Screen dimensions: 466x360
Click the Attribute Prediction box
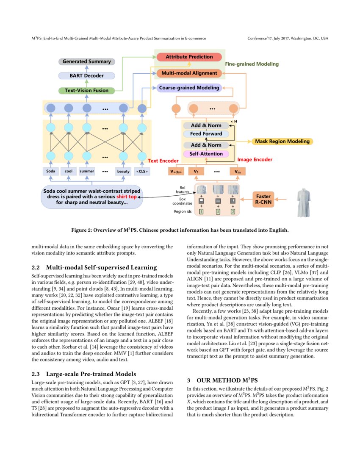[x=189, y=57]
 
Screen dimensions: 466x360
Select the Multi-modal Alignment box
[x=189, y=73]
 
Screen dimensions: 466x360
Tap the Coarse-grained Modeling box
[x=189, y=88]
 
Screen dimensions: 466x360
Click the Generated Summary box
[x=86, y=61]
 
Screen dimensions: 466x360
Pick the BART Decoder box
[x=86, y=76]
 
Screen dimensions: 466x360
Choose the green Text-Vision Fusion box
[x=86, y=90]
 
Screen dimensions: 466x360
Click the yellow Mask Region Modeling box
[x=282, y=141]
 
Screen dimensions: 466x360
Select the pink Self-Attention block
[x=206, y=154]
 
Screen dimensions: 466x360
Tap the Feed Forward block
[x=206, y=134]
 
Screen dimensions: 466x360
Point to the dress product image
[x=306, y=200]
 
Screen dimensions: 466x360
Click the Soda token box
[x=50, y=172]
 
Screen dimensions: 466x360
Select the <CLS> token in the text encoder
[x=141, y=172]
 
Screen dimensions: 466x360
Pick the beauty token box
[x=123, y=172]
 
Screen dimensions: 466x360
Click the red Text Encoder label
[x=163, y=161]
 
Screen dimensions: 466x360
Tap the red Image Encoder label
[x=255, y=160]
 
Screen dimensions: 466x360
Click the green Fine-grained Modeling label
[x=252, y=64]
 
